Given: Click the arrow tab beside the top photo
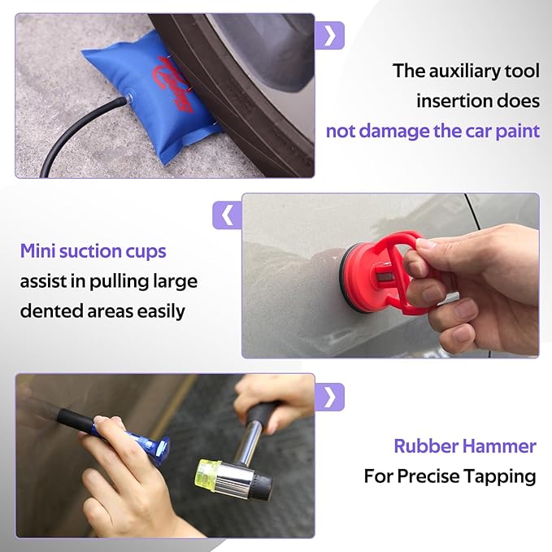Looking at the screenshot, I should [x=329, y=34].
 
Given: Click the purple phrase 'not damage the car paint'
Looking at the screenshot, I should [x=432, y=131].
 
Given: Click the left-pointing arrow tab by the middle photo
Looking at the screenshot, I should [x=227, y=215].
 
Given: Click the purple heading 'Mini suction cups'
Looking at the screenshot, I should [x=93, y=251].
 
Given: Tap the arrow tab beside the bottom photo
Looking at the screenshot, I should [x=329, y=396].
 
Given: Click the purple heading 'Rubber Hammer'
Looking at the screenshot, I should [x=464, y=446].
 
